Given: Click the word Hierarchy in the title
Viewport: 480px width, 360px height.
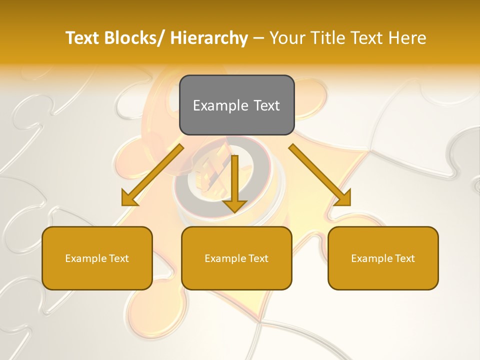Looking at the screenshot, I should [x=209, y=38].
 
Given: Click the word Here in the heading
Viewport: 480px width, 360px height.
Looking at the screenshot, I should [x=406, y=38].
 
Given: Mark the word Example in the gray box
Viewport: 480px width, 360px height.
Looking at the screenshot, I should [x=220, y=106].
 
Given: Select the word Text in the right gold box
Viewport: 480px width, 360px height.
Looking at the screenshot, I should [x=404, y=258].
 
